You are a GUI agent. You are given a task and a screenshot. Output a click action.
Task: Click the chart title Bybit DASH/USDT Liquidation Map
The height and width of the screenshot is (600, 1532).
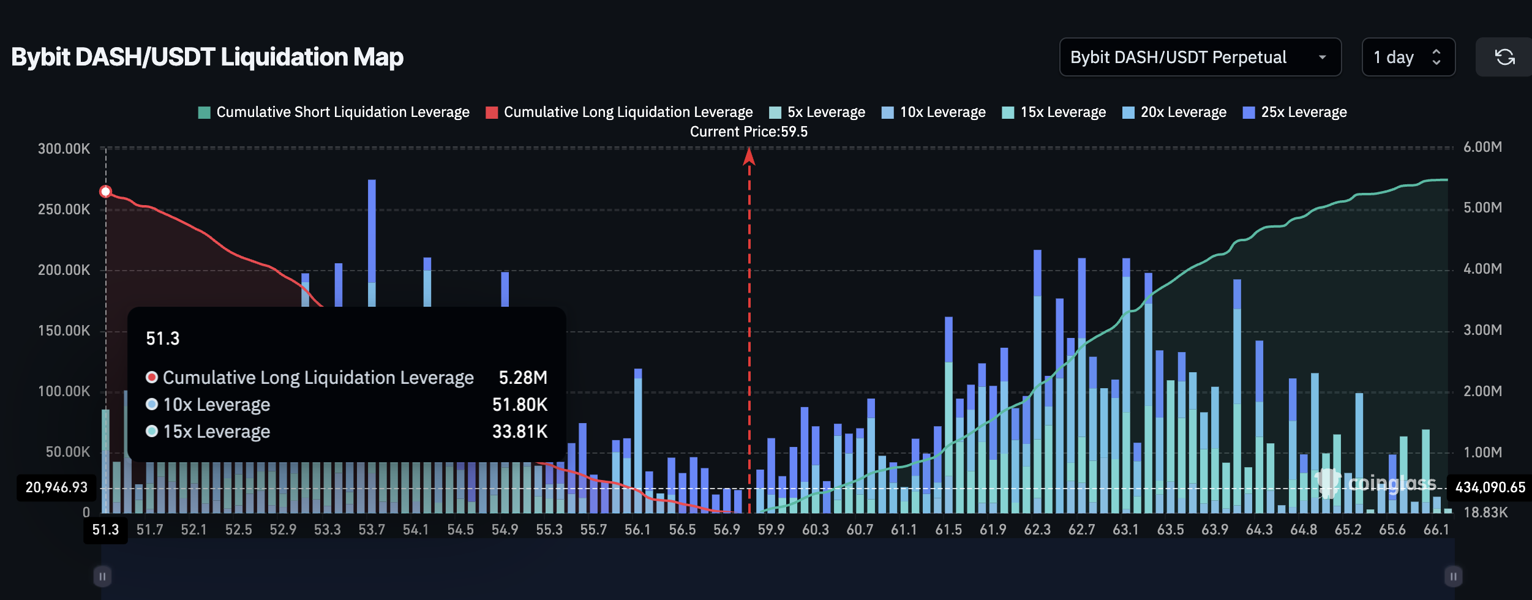207,57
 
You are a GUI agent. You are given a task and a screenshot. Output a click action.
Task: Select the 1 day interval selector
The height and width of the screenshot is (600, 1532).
1407,57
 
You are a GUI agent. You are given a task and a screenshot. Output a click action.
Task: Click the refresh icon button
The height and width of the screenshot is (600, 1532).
1504,57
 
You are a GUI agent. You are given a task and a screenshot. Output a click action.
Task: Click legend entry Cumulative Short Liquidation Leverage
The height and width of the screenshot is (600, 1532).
334,112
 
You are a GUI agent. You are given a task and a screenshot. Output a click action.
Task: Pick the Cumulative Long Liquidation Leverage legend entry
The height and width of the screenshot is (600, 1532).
619,112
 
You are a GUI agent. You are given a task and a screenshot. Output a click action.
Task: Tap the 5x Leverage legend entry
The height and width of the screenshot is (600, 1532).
817,112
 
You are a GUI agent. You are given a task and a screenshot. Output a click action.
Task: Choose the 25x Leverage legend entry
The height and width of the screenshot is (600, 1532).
1294,112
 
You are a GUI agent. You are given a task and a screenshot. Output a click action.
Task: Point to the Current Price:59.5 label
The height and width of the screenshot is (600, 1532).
748,132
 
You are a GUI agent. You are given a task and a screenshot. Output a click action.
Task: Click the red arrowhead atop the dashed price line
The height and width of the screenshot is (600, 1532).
749,157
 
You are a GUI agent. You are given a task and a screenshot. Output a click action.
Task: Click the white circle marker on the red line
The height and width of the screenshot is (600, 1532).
105,192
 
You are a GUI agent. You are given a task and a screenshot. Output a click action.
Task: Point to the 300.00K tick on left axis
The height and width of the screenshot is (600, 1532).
64,149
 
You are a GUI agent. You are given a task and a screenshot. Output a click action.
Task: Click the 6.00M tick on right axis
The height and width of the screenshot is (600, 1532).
1482,147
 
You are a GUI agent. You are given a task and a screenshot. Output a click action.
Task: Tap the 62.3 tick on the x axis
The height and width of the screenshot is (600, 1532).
1037,530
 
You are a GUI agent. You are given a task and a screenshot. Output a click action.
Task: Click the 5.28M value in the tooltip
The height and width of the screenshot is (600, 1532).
522,377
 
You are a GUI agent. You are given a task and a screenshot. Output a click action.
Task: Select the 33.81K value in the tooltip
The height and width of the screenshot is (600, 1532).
519,432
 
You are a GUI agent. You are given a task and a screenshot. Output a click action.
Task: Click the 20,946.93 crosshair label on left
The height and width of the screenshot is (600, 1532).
56,487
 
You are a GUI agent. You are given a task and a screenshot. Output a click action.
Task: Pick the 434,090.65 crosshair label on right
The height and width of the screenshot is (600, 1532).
1490,487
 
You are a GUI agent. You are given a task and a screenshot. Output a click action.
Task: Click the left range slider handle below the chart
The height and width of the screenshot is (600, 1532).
102,576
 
